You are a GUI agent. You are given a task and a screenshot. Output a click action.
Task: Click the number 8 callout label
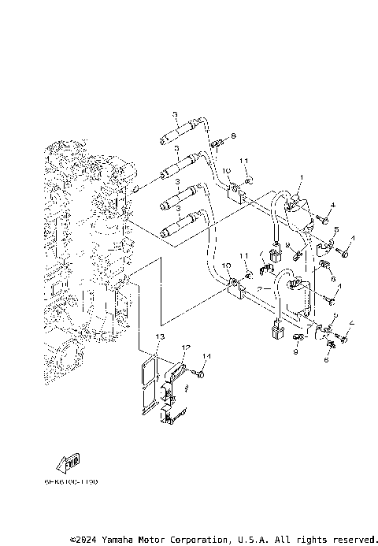tap(233, 136)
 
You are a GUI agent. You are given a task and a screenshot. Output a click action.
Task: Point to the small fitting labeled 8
tap(218, 143)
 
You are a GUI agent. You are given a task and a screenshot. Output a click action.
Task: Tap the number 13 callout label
tap(159, 336)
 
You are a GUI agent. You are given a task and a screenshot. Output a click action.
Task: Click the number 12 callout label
tap(187, 347)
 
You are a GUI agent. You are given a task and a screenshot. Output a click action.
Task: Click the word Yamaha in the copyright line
tap(120, 540)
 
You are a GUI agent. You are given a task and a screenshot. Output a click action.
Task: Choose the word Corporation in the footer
tap(198, 540)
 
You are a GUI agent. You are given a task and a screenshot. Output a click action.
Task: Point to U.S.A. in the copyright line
tap(253, 540)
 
